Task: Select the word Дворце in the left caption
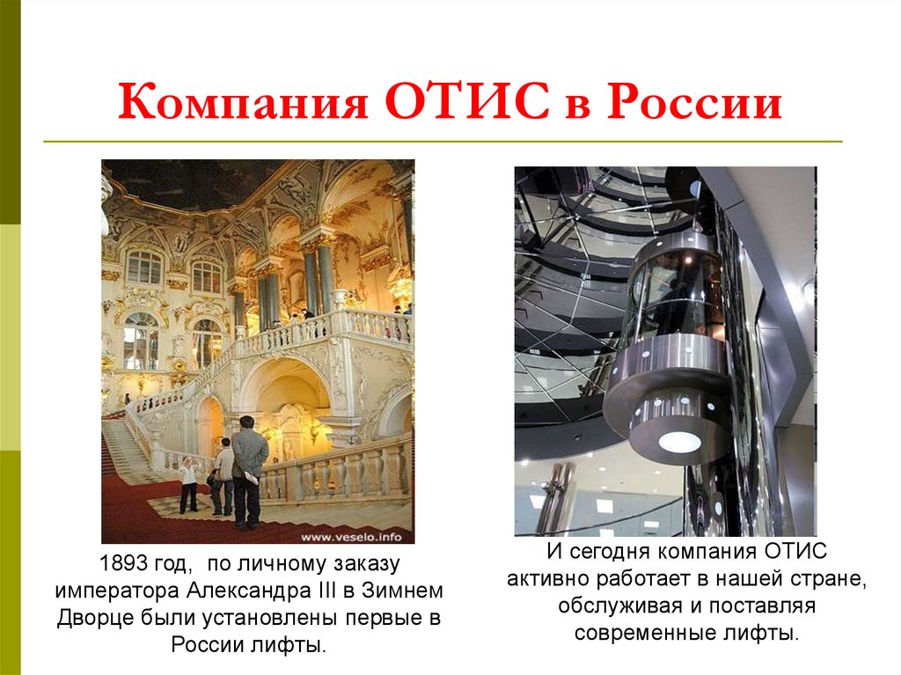tap(94, 618)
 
